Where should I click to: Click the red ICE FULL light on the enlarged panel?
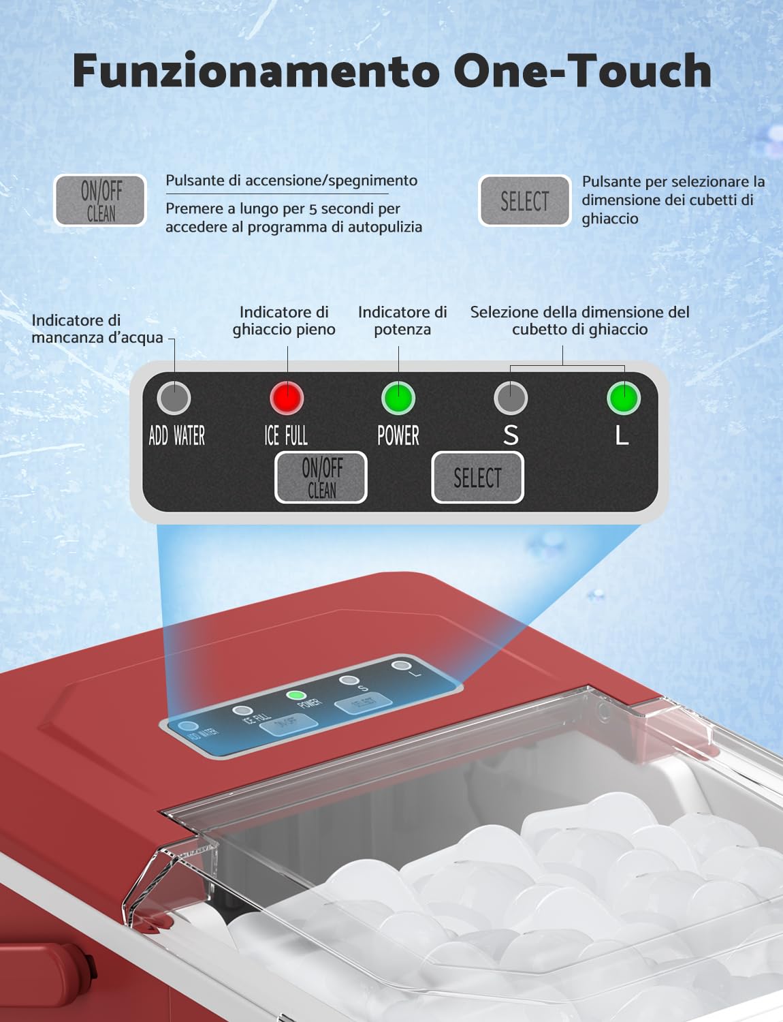286,398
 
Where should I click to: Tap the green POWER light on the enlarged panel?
398,398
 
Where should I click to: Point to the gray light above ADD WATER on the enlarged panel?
174,398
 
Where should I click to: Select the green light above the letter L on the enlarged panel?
623,398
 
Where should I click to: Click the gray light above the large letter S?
511,398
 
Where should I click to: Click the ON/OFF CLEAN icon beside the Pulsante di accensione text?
100,200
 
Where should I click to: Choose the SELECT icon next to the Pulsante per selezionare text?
524,201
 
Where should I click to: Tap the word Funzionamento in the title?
256,72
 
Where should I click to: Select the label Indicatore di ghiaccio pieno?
284,321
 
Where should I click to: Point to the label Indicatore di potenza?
402,321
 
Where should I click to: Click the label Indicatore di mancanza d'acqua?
97,329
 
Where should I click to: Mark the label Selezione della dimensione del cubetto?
579,321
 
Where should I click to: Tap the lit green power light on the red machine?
295,696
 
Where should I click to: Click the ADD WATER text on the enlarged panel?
176,435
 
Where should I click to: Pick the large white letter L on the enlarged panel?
622,435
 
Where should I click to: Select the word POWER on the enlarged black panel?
398,435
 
